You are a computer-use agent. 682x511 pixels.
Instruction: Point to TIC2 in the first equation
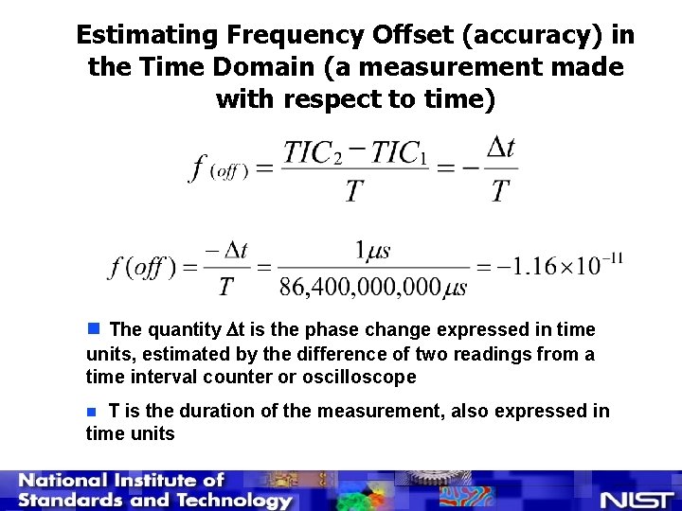313,153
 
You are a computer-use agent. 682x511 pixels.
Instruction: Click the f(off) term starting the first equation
220,170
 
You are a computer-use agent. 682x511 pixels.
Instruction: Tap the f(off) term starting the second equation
142,267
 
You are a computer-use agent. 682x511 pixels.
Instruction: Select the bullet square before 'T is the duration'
92,412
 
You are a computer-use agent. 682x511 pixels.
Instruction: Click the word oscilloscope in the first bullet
355,377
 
